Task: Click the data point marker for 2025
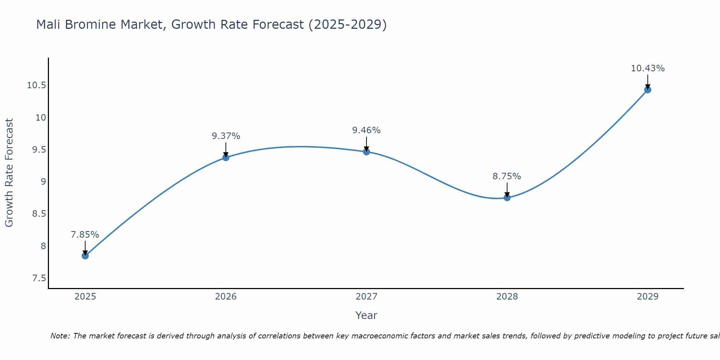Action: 85,256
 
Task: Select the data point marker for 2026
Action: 226,157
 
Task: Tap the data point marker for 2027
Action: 366,152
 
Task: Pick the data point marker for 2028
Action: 507,197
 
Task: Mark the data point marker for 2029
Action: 648,90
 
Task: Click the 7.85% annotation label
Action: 85,235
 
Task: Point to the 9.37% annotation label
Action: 226,136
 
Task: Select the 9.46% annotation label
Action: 366,130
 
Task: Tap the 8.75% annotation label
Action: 507,176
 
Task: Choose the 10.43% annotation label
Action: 648,68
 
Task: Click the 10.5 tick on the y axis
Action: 36,85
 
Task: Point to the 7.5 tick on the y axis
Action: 39,278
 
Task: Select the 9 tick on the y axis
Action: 43,182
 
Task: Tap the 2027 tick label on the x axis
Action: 366,297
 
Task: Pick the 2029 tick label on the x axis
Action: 648,297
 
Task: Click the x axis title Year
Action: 366,315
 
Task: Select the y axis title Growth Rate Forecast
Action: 9,173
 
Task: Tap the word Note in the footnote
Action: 60,336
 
